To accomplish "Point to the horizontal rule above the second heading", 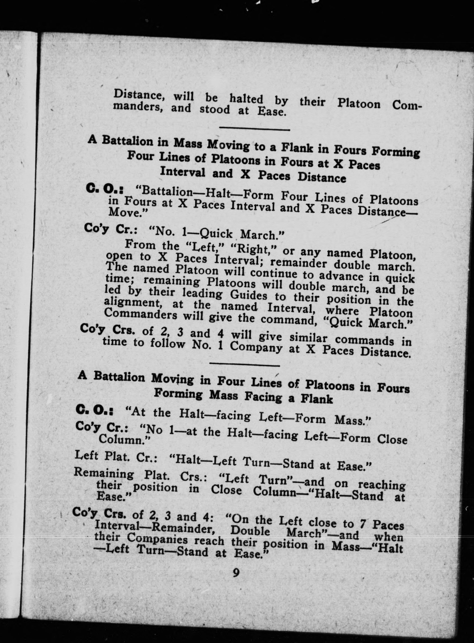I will tap(245, 365).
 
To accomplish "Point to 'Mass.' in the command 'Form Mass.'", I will tap(353, 421).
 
